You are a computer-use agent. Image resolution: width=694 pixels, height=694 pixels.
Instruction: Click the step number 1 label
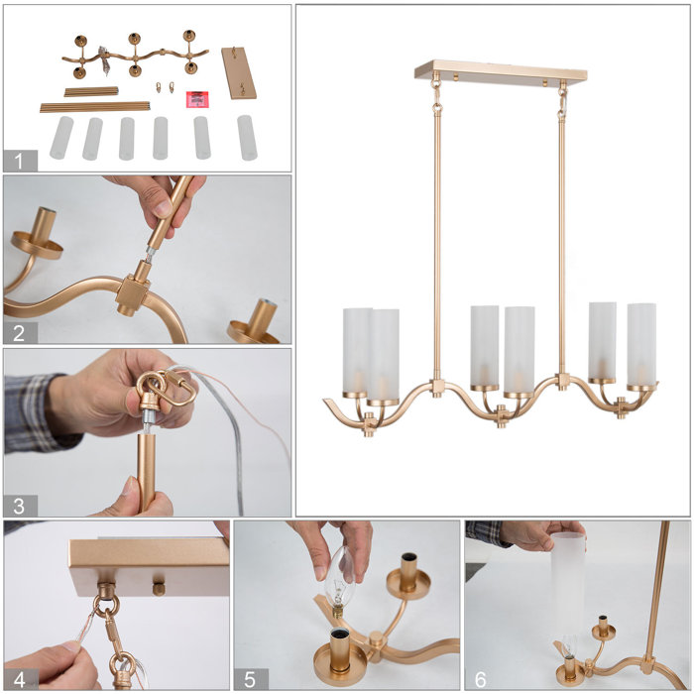click(20, 160)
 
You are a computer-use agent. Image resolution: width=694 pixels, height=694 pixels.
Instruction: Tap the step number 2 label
click(20, 331)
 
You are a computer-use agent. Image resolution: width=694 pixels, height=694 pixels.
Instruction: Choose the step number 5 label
click(250, 678)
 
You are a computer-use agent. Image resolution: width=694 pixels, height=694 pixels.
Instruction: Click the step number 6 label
click(481, 678)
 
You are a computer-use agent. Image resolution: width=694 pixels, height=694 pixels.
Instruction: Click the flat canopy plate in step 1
click(238, 71)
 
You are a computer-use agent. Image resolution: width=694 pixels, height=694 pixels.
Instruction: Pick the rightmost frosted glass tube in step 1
click(247, 137)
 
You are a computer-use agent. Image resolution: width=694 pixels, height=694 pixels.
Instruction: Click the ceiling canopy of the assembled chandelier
click(500, 72)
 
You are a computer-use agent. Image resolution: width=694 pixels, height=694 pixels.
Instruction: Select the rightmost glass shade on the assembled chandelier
click(641, 343)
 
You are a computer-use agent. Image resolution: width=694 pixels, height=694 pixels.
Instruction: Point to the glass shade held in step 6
click(568, 585)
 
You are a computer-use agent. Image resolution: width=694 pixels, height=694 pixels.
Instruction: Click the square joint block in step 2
click(134, 293)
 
